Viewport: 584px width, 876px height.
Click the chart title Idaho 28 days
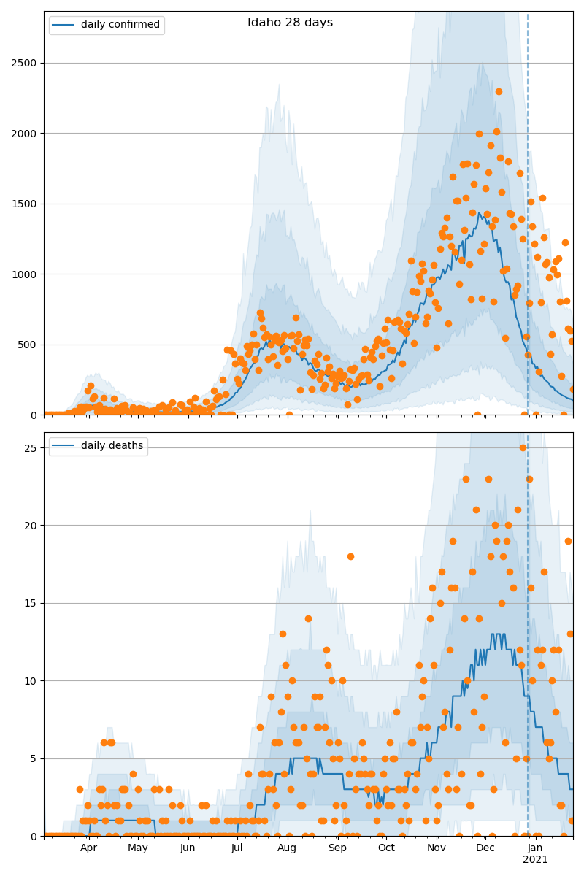(x=290, y=23)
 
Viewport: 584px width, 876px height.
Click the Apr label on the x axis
(x=88, y=848)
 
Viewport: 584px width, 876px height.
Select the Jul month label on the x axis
(x=237, y=848)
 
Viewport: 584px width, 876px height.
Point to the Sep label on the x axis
(x=337, y=848)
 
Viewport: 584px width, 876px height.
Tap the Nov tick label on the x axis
(x=437, y=848)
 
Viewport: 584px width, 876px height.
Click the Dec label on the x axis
(x=485, y=848)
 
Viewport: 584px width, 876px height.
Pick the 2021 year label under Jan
(x=535, y=860)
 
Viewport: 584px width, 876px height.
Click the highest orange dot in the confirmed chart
(x=499, y=91)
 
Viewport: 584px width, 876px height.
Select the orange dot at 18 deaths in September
(x=350, y=556)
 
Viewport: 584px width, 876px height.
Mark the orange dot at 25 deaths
(x=523, y=447)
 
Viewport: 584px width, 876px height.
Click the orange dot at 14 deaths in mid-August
(x=308, y=618)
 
